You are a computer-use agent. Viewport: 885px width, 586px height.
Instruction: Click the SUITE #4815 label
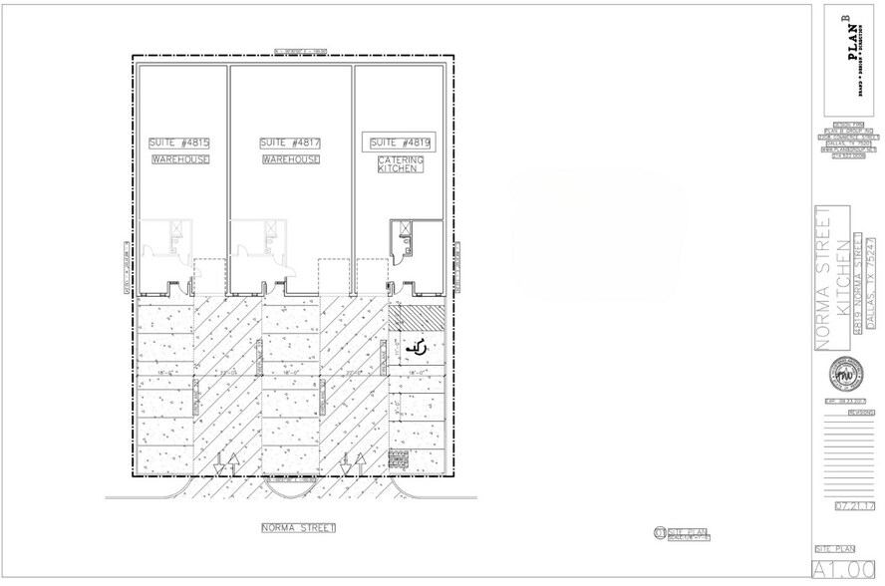tap(180, 143)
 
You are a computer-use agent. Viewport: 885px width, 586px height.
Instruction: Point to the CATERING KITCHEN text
tap(401, 164)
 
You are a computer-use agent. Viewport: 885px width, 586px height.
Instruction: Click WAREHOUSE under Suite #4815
tap(180, 159)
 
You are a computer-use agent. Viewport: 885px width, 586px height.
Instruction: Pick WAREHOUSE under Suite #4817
tap(291, 159)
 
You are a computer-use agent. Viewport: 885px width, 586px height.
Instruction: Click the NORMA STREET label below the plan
tap(296, 527)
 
